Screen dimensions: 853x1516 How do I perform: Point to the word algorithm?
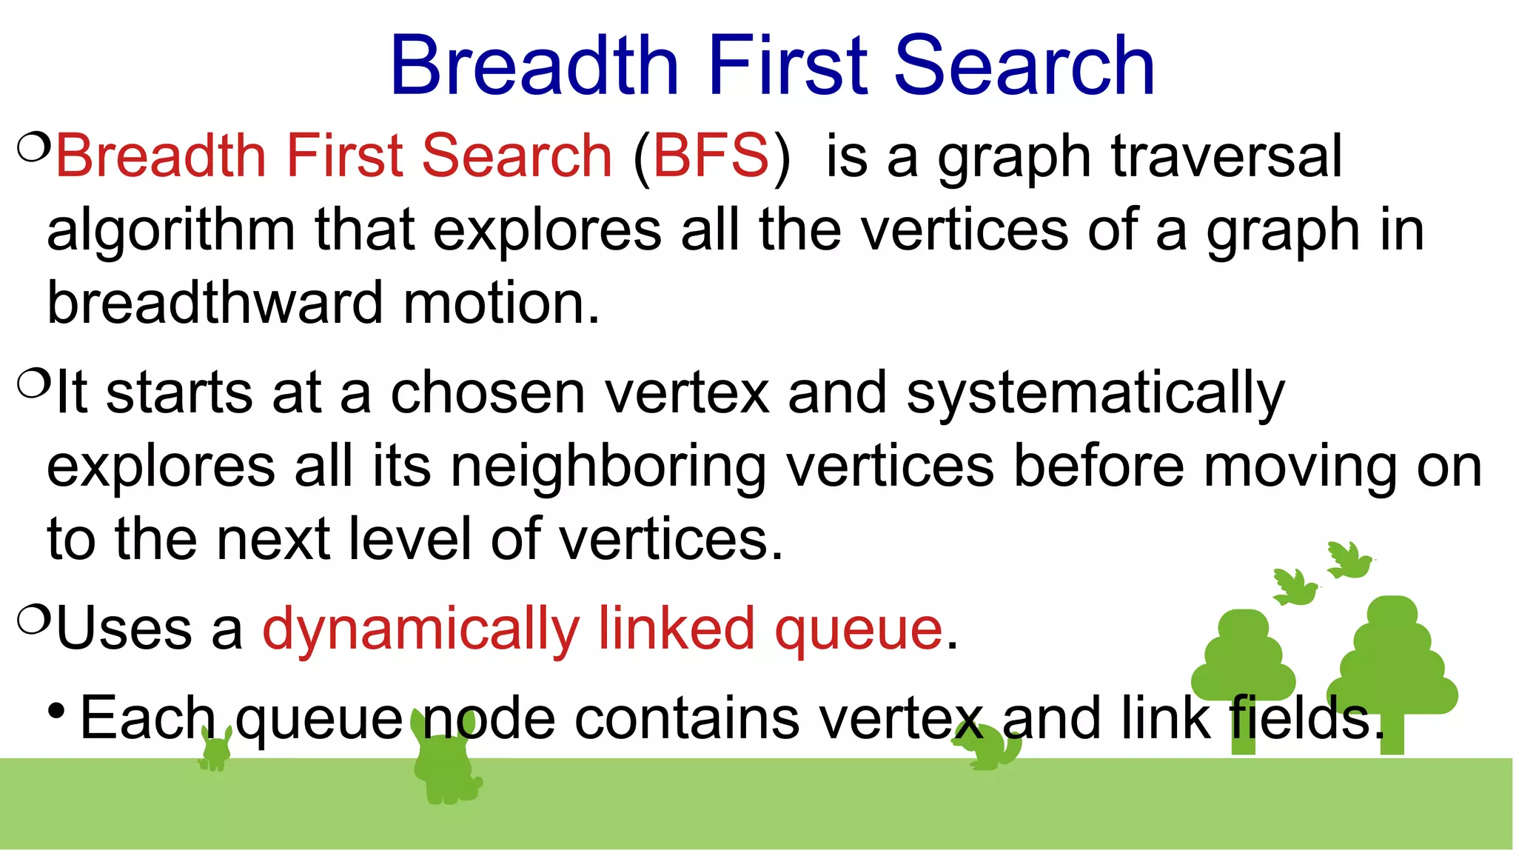pyautogui.click(x=171, y=231)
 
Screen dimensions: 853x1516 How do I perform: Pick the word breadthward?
pyautogui.click(x=215, y=304)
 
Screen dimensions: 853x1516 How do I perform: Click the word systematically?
pyautogui.click(x=1096, y=394)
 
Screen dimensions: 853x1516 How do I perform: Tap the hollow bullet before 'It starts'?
pyautogui.click(x=33, y=384)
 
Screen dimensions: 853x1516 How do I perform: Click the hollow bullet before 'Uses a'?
pyautogui.click(x=33, y=620)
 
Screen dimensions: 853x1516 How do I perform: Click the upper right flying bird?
pyautogui.click(x=1349, y=560)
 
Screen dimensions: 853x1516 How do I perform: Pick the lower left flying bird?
pyautogui.click(x=1295, y=587)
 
